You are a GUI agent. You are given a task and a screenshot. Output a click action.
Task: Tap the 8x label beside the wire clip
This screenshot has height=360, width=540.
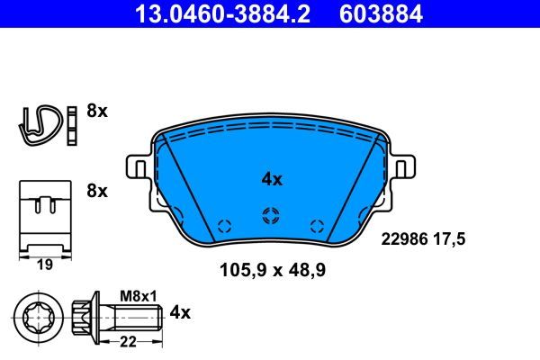(x=96, y=112)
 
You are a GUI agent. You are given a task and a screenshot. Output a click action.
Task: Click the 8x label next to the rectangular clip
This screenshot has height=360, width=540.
(x=96, y=191)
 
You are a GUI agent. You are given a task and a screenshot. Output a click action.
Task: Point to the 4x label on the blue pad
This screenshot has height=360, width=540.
(x=271, y=179)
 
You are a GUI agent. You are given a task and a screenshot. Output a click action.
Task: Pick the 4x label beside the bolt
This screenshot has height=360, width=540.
(x=180, y=312)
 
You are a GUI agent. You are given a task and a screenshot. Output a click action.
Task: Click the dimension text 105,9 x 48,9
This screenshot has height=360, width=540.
(x=269, y=268)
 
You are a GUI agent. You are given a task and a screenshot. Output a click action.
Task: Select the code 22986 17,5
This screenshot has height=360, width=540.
(x=428, y=239)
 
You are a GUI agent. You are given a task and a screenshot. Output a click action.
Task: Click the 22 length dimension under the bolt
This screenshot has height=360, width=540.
(x=128, y=340)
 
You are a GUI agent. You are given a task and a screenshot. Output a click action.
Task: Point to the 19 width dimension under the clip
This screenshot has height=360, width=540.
(x=43, y=265)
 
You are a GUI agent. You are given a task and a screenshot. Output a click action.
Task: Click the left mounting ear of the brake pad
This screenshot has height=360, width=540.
(x=137, y=168)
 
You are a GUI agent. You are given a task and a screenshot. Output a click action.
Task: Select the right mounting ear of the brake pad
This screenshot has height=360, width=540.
(x=403, y=168)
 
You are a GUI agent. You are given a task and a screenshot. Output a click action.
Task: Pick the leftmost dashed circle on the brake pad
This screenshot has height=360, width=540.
(x=225, y=226)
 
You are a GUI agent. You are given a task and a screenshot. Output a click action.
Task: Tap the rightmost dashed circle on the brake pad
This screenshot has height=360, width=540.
(x=315, y=226)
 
